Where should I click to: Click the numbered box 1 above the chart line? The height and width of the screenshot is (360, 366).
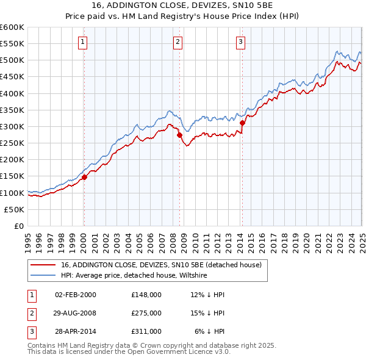(x=82, y=42)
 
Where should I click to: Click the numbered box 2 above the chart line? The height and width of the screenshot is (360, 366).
(x=178, y=42)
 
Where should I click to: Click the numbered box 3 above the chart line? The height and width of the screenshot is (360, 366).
(x=241, y=42)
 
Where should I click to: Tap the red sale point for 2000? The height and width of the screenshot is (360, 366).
(x=85, y=177)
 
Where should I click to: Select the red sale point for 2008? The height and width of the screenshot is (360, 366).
(x=180, y=135)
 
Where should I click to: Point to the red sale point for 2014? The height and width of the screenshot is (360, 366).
(x=243, y=123)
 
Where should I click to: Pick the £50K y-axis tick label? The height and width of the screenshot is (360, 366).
(x=14, y=209)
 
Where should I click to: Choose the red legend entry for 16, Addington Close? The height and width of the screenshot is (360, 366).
(x=161, y=265)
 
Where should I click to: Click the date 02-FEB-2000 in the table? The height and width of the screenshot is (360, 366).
(x=75, y=295)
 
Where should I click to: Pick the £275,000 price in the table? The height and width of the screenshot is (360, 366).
(x=146, y=313)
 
